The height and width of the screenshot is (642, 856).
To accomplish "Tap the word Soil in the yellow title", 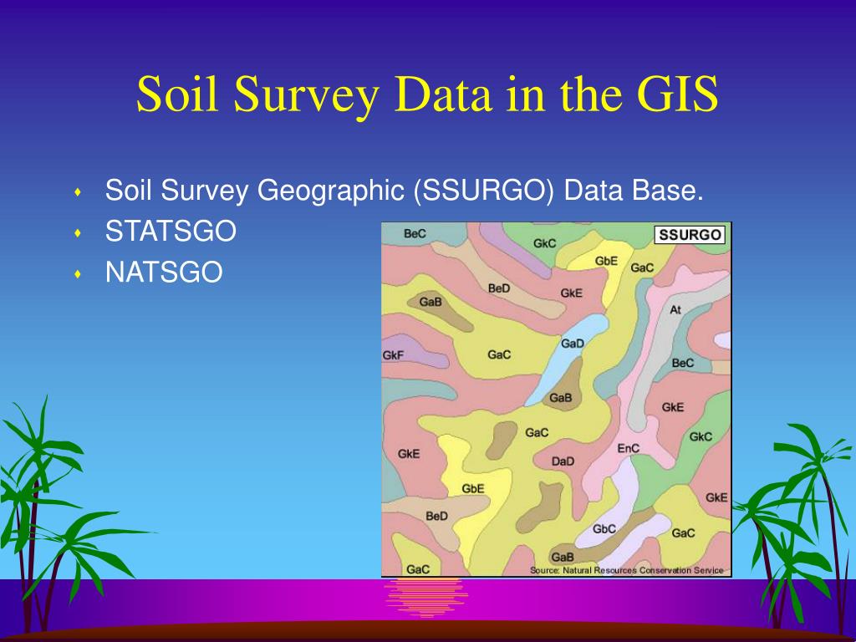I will coord(178,94).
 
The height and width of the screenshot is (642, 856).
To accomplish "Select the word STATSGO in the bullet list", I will coord(171,232).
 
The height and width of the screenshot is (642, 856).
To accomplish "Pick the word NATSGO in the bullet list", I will coord(164,272).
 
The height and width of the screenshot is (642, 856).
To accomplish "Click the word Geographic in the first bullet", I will coord(330,191).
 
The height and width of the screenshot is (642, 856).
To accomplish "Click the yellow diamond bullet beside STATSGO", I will coord(78,233).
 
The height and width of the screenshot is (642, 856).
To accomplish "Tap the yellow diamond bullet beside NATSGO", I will coord(78,273).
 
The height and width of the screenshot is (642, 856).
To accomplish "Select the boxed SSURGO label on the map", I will coord(690,235).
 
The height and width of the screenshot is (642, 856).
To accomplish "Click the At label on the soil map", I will coord(675,309).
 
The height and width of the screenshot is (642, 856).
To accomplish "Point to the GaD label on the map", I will coord(573,344).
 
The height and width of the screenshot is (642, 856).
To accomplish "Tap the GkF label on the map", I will coord(393,354).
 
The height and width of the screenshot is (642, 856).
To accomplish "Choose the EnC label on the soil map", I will coord(629,448).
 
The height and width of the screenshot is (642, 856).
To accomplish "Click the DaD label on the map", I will coord(563,461).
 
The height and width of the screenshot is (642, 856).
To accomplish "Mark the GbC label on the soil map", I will coord(604,528).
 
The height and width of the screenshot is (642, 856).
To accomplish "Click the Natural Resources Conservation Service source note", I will coord(626,570).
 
